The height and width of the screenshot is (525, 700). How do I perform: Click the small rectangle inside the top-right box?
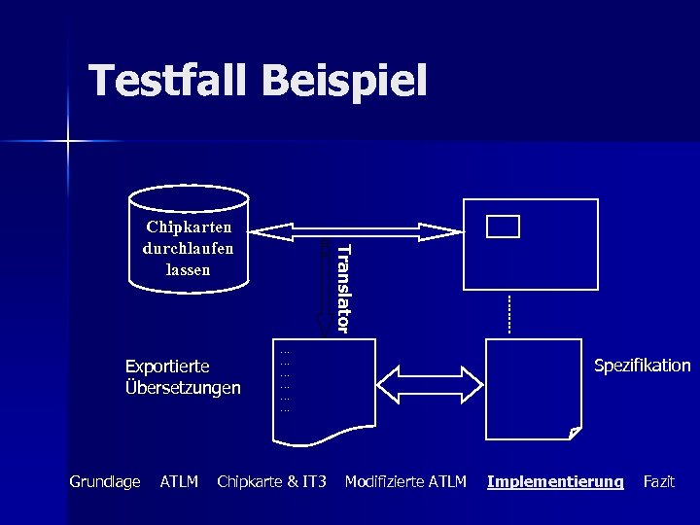(504, 227)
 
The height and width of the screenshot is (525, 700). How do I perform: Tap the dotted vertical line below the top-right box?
(508, 312)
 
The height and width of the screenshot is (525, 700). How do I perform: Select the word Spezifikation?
(642, 366)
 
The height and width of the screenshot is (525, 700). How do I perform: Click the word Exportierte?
(167, 367)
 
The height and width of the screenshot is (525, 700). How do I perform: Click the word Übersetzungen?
(183, 388)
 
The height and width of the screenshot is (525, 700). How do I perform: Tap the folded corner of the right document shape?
(576, 433)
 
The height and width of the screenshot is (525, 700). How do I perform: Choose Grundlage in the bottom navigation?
(105, 481)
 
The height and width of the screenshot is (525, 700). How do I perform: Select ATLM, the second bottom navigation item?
(179, 481)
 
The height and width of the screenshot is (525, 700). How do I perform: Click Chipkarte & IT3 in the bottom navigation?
(271, 481)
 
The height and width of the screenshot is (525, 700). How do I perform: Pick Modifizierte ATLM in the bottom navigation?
(405, 481)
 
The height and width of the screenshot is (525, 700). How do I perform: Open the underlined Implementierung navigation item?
(555, 481)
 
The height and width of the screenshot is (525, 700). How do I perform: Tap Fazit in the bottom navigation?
(659, 481)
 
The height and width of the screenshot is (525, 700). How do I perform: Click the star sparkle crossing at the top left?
(68, 142)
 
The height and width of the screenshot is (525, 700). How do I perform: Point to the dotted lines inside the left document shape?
(285, 380)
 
